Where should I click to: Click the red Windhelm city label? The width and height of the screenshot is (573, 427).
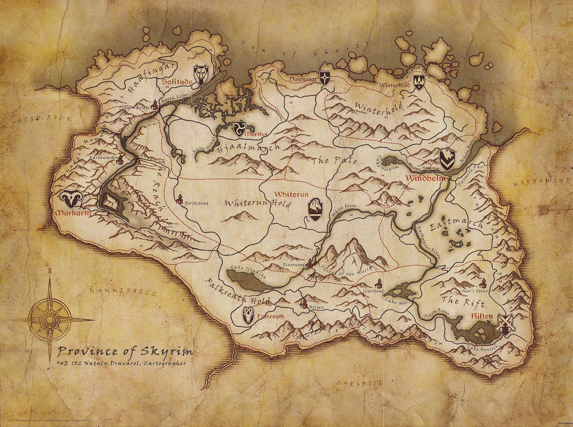pos(425,178)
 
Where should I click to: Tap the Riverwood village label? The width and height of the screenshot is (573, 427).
pos(293,265)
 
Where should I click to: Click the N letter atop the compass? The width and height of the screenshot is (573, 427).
pos(50,271)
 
